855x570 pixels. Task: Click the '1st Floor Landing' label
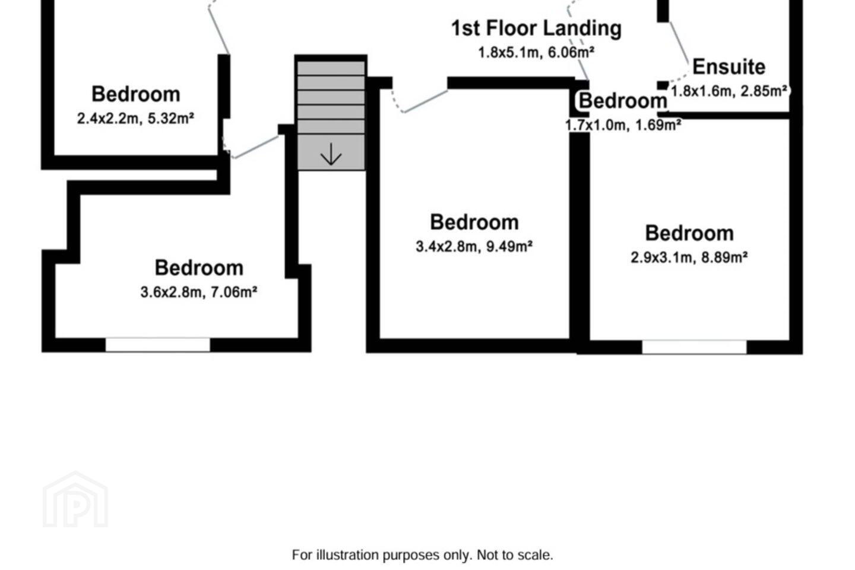point(536,28)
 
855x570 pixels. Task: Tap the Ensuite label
point(729,67)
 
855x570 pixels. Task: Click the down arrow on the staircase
point(331,154)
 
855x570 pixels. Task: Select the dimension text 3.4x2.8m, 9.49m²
point(474,246)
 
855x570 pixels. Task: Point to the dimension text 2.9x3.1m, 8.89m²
point(689,257)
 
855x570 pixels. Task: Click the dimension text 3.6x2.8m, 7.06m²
point(198,292)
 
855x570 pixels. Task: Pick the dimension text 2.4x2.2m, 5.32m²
point(135,118)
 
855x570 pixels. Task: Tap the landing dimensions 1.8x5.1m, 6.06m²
point(536,52)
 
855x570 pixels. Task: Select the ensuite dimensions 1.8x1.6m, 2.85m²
point(729,91)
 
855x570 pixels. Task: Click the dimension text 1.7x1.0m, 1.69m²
point(623,125)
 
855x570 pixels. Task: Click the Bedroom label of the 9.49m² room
point(474,222)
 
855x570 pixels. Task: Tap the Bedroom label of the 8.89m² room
point(689,233)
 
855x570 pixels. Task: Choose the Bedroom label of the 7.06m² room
point(199,268)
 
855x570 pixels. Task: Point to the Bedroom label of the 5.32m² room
point(136,94)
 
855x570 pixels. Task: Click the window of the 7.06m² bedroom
point(158,345)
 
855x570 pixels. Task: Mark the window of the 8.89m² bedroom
point(694,347)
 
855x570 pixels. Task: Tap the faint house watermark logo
point(75,500)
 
